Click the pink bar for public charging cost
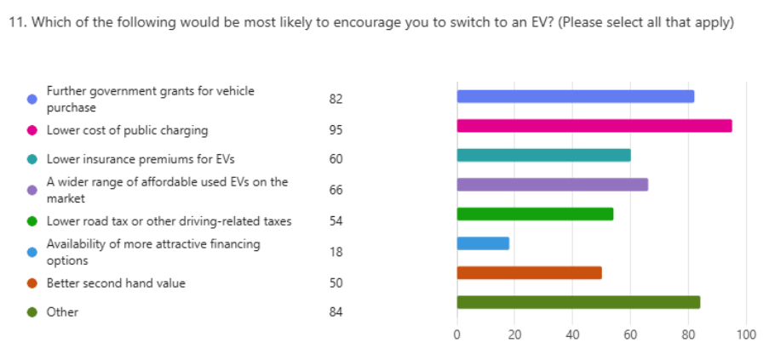pos(594,126)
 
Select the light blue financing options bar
pos(483,243)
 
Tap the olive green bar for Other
pos(578,302)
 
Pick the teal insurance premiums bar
pos(543,155)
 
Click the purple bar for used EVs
pos(552,185)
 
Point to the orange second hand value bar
pos(529,272)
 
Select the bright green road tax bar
pos(535,214)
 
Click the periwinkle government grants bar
pos(575,96)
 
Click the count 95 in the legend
pos(336,130)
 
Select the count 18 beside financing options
pos(336,251)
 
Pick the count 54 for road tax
pos(336,221)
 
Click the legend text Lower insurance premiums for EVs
pos(141,159)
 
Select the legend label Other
pos(62,311)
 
